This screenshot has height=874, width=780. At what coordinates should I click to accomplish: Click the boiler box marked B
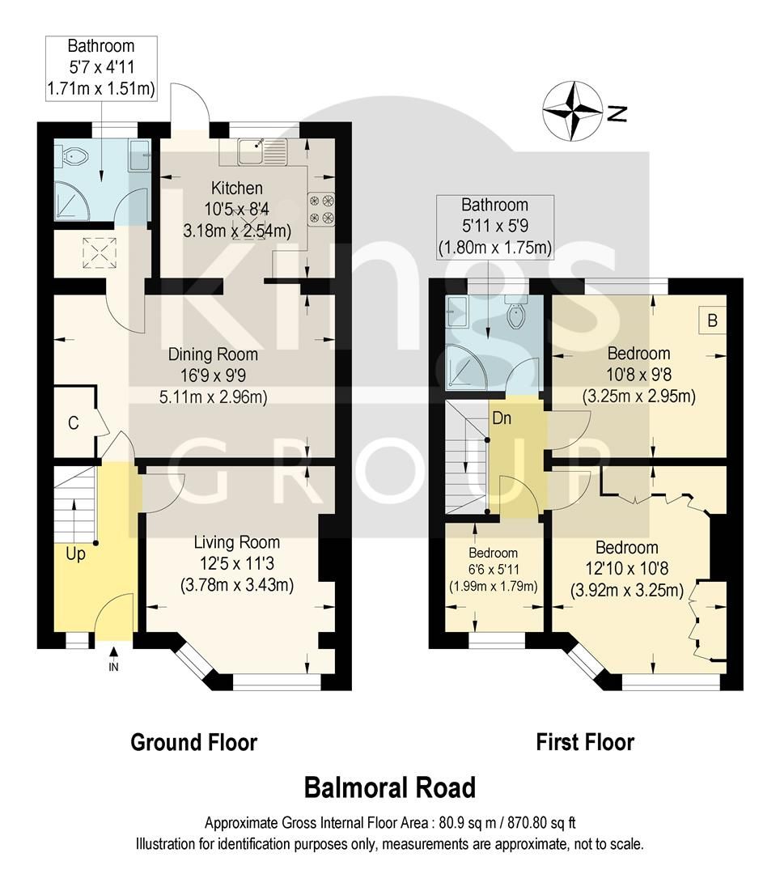[712, 320]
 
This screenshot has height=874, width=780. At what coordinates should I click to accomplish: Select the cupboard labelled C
[73, 422]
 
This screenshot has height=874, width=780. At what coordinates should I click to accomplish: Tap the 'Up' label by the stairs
[76, 555]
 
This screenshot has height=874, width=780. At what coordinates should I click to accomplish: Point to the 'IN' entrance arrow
[113, 657]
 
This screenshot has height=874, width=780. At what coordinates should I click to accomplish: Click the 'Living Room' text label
[236, 542]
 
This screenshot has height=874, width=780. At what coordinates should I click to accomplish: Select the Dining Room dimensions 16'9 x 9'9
[213, 375]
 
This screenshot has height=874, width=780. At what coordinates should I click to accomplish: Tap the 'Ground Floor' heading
[193, 741]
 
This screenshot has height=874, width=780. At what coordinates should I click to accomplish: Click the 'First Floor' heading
[585, 741]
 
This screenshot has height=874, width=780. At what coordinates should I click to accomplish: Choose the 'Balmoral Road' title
[389, 787]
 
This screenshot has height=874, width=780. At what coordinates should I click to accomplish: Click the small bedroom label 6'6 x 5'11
[493, 569]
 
